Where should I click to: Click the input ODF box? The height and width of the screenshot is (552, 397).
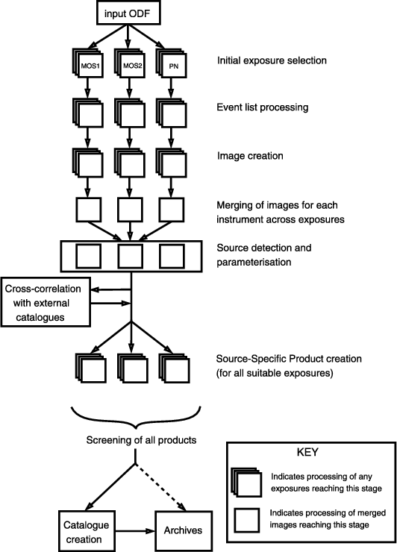(128, 13)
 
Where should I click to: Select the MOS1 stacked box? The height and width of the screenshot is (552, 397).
(88, 63)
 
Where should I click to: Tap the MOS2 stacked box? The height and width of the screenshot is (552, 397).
(129, 63)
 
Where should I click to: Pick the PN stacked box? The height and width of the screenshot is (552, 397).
(171, 63)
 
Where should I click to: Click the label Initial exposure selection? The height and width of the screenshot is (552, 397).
(272, 60)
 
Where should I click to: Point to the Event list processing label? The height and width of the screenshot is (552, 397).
(263, 107)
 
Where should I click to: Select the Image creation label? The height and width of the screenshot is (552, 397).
(250, 156)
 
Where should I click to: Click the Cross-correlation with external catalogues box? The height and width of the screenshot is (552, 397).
(46, 302)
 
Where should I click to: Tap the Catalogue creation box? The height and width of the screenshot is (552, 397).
(86, 531)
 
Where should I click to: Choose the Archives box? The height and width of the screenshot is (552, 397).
(184, 531)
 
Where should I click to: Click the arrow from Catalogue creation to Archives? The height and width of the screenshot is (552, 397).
(134, 531)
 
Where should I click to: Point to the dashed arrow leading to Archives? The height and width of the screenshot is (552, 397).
(160, 487)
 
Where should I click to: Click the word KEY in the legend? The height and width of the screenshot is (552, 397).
(307, 452)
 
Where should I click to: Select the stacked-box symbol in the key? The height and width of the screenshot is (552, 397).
(246, 483)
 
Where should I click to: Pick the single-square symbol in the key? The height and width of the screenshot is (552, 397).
(247, 521)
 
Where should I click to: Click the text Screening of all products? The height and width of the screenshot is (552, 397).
(141, 440)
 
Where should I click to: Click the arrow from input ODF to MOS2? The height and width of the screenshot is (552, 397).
(128, 37)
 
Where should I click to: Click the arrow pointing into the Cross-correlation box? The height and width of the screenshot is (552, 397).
(111, 289)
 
